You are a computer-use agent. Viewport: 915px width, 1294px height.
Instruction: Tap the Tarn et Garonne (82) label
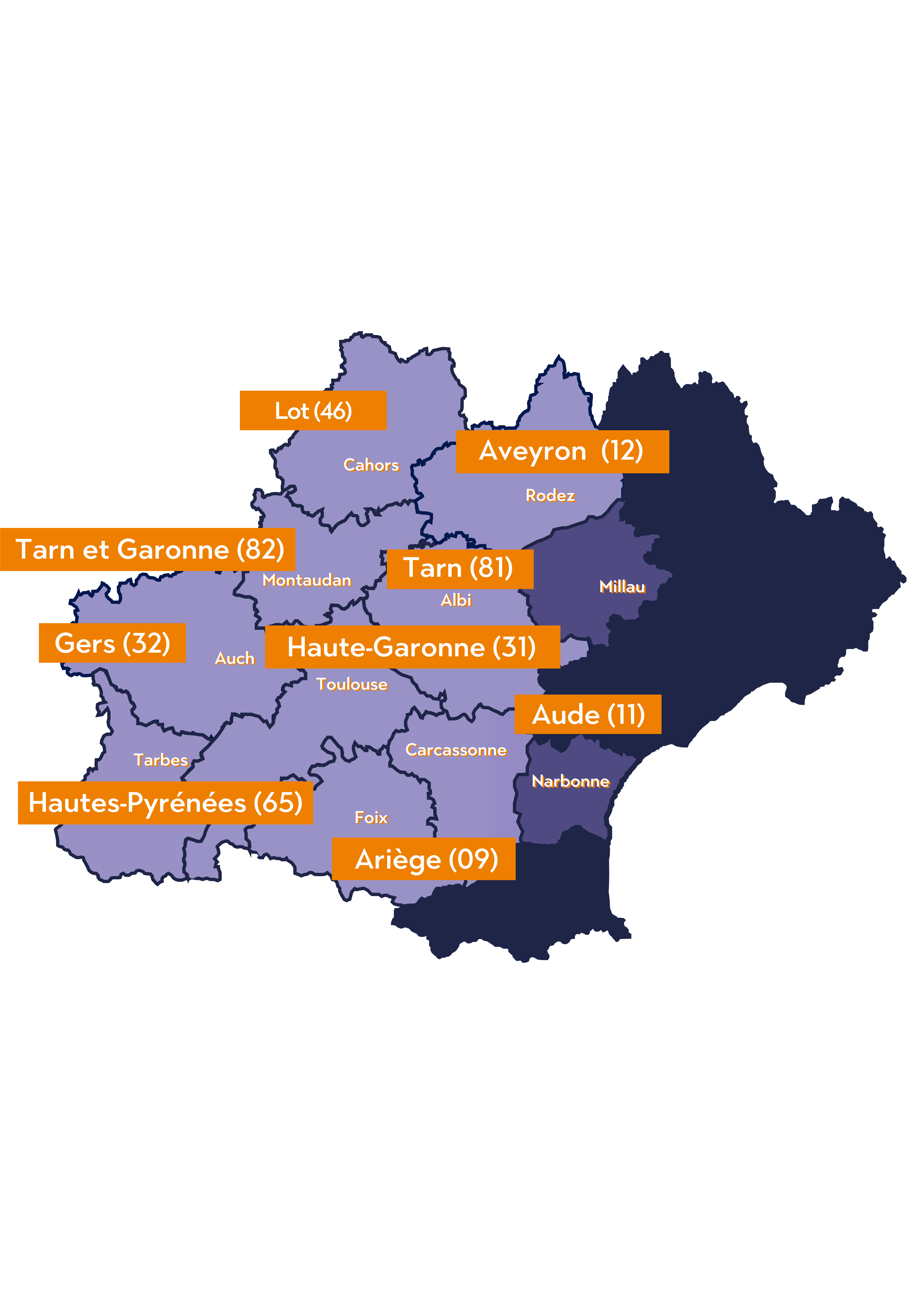click(x=148, y=549)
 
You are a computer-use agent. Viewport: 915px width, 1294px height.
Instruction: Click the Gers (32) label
click(x=112, y=643)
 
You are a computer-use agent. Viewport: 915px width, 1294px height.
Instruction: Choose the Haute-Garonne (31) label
click(x=412, y=647)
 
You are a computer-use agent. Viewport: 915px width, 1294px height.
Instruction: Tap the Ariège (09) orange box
click(x=424, y=859)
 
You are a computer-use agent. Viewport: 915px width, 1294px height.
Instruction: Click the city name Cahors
click(x=371, y=465)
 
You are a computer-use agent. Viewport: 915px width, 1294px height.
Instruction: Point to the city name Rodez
click(x=550, y=495)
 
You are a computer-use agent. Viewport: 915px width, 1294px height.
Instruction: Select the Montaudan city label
click(x=307, y=580)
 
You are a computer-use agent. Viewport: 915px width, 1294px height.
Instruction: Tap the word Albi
click(x=456, y=600)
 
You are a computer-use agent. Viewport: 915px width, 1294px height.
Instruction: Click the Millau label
click(x=622, y=587)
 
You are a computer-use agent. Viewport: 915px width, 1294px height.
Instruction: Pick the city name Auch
click(x=234, y=658)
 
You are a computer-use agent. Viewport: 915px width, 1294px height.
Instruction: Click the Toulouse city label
click(x=352, y=684)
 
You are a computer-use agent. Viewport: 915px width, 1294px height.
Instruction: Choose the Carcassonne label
click(x=456, y=750)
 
